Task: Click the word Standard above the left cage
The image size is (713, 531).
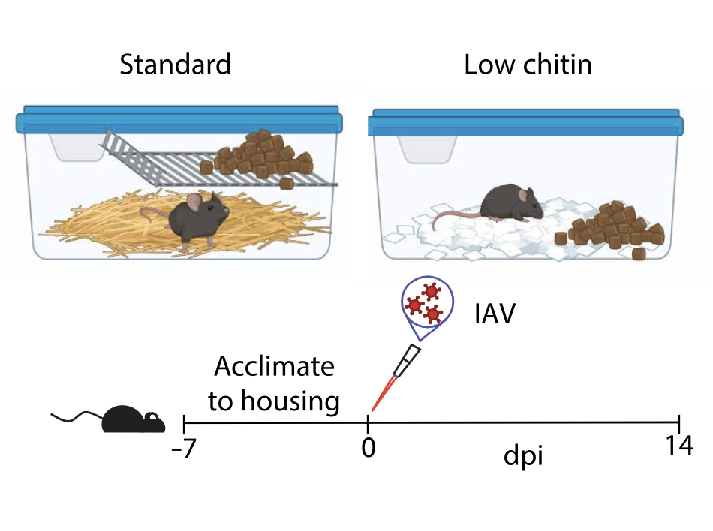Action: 175,65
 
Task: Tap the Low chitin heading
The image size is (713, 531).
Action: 528,65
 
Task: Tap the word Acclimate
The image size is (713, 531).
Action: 273,367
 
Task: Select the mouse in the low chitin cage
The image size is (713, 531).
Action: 508,202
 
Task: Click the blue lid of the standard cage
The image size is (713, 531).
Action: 180,120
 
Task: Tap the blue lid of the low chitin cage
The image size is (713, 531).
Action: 525,122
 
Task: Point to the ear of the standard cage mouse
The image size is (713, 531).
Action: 195,200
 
